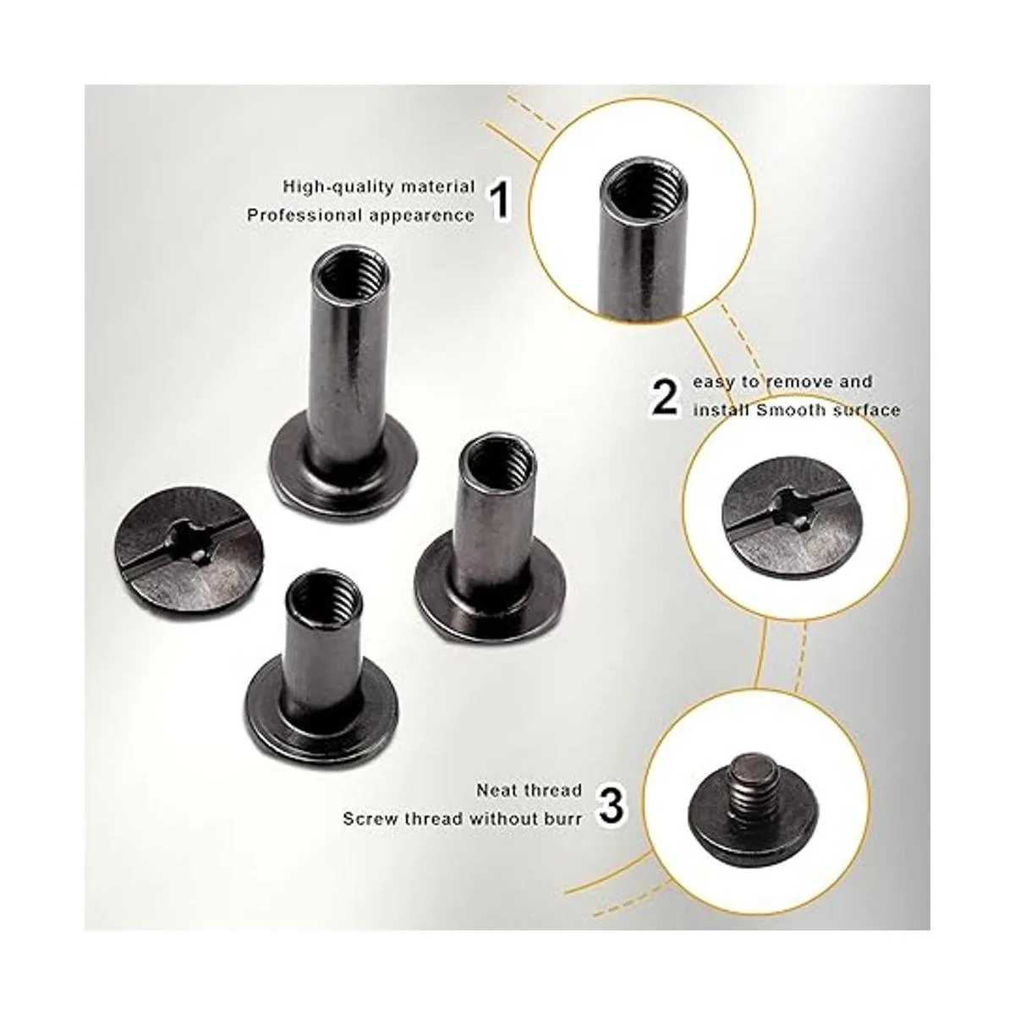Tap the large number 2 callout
tap(666, 398)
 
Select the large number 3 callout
tap(612, 819)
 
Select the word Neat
tap(503, 805)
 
